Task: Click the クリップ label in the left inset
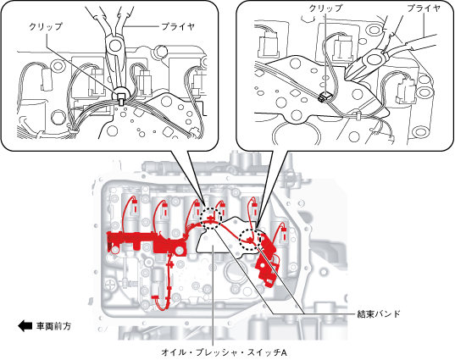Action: pos(46,27)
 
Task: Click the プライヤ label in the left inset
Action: pos(177,27)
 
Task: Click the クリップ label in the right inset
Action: pos(325,8)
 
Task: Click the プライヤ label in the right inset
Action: pos(424,8)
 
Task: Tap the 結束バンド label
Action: pos(379,314)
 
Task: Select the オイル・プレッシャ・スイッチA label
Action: pos(224,352)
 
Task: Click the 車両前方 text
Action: pos(53,326)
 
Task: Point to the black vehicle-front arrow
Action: pos(25,326)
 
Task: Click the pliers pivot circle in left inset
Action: pos(115,44)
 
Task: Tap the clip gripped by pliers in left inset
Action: pos(120,97)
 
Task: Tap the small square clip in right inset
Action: pos(325,97)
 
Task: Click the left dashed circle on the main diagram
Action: pos(211,219)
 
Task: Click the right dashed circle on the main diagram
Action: pos(251,240)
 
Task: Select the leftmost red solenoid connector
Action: pos(135,206)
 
